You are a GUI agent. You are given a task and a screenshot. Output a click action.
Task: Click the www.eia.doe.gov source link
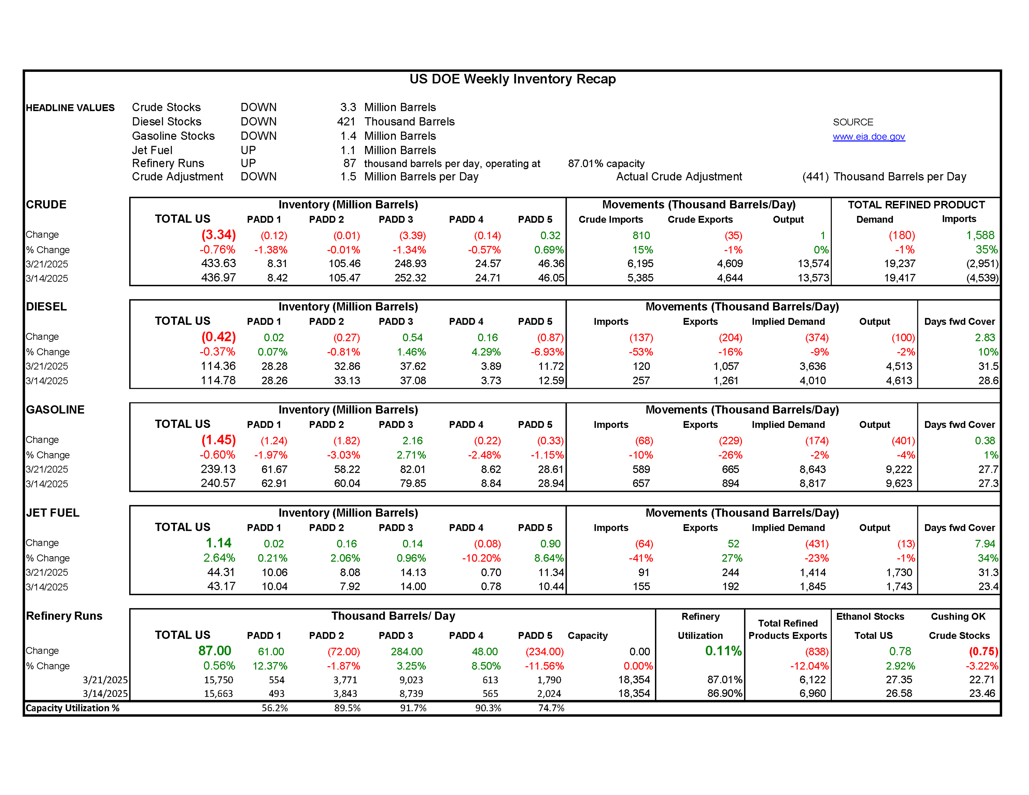coord(868,137)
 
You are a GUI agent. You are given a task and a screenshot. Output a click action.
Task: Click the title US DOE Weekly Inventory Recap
coord(512,79)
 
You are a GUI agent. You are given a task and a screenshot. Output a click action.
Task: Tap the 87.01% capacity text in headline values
coord(606,163)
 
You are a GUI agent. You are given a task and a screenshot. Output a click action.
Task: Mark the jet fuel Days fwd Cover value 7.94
coord(985,544)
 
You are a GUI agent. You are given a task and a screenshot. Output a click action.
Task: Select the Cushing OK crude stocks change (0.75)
coord(983,651)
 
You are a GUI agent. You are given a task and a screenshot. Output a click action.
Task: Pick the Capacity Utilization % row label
coord(73,708)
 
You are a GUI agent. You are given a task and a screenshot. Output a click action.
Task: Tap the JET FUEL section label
coord(53,513)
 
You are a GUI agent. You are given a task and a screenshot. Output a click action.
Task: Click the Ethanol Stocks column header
coord(870,616)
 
